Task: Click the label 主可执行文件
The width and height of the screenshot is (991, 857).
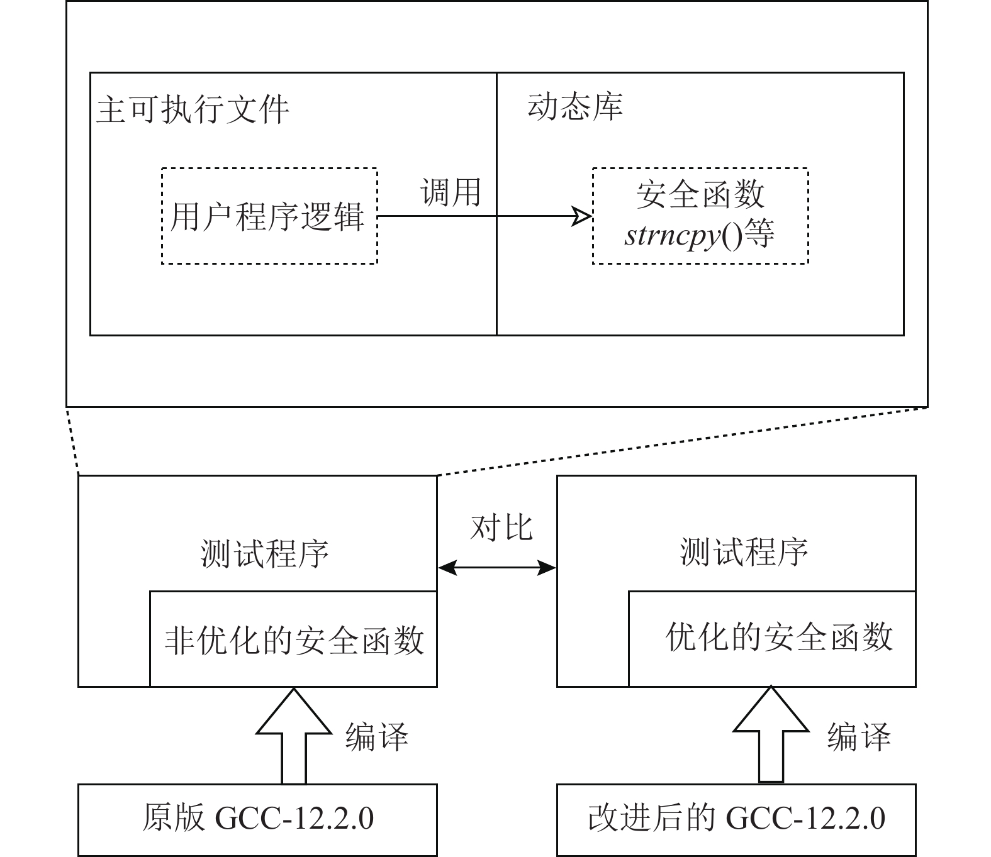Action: pos(192,110)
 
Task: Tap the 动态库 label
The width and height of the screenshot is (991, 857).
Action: pos(574,107)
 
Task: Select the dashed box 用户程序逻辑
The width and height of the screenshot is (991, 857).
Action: pos(269,216)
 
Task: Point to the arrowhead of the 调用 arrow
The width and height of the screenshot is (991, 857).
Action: pos(582,216)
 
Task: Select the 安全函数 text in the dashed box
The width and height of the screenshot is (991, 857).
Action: pos(700,194)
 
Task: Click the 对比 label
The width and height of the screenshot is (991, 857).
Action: pos(501,528)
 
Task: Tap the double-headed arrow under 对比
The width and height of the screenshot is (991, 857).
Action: pos(497,568)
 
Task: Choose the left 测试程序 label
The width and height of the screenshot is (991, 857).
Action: pos(265,553)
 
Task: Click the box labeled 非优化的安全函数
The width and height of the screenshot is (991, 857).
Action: pos(293,639)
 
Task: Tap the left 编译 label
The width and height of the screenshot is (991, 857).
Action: pos(376,736)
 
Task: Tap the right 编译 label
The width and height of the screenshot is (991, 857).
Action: pos(858,736)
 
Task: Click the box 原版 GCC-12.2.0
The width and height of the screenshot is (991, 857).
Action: pos(257,819)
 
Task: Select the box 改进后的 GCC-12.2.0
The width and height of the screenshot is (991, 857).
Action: pos(736,819)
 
